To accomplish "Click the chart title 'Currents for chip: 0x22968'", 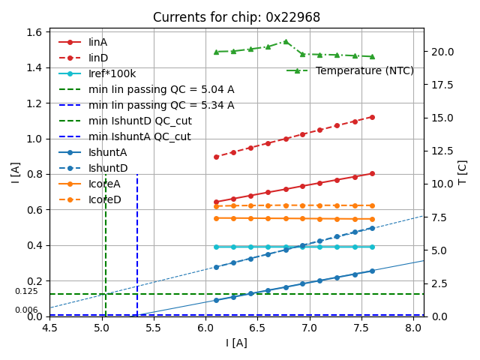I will click(x=236, y=17).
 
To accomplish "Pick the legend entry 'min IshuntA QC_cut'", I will click(x=139, y=136).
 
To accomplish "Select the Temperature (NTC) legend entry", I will click(x=364, y=70).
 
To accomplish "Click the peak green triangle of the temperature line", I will click(x=286, y=41).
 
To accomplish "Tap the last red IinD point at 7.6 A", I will click(x=372, y=117).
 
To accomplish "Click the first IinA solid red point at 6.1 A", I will click(x=216, y=202).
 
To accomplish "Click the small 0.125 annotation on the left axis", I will click(x=26, y=291).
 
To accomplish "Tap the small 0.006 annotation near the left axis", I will click(x=26, y=310).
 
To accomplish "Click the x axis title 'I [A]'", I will click(x=236, y=343).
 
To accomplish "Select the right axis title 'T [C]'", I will click(x=462, y=172).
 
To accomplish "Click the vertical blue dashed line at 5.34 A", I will click(x=137, y=240).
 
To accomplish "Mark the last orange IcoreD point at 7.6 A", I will click(x=372, y=205).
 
